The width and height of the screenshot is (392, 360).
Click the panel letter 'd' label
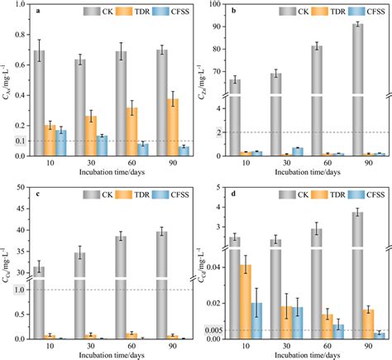pos(234,194)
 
